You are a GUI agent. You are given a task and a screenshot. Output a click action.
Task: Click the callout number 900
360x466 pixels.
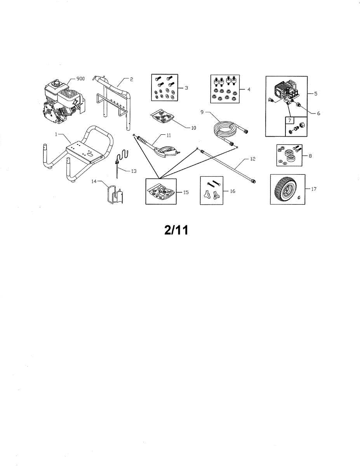pyautogui.click(x=80, y=79)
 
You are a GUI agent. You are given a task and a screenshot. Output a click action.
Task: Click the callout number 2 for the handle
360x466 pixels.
pyautogui.click(x=132, y=79)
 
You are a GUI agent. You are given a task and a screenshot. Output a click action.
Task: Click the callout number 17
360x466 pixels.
pyautogui.click(x=314, y=189)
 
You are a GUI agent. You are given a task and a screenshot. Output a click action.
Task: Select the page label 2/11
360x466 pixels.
pyautogui.click(x=176, y=230)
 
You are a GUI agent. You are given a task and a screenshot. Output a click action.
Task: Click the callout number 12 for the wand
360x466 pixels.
pyautogui.click(x=252, y=160)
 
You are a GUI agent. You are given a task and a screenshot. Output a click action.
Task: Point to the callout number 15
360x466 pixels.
pyautogui.click(x=186, y=192)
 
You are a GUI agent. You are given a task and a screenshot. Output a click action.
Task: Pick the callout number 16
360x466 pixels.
pyautogui.click(x=233, y=191)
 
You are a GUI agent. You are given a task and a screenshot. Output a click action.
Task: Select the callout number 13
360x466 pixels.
pyautogui.click(x=134, y=170)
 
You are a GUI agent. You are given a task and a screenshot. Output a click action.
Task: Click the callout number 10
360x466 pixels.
pyautogui.click(x=193, y=127)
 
